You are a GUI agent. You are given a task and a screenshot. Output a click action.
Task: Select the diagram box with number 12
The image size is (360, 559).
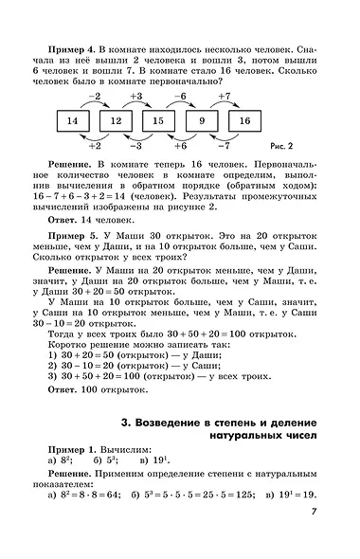coord(116,120)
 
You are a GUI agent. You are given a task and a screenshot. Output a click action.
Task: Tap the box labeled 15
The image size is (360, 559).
coord(158,120)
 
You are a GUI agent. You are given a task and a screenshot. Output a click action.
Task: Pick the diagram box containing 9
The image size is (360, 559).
coord(201,120)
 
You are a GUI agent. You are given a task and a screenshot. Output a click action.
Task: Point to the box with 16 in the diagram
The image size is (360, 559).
coord(244,120)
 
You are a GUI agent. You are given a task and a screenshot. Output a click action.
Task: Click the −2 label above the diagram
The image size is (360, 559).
coord(93,97)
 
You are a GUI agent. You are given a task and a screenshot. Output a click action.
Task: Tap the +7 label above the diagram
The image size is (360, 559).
coord(224,97)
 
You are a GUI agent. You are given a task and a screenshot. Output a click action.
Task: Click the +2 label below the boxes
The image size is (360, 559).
coord(94,146)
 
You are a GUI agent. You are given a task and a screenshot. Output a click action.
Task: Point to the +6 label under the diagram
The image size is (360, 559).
coord(180,146)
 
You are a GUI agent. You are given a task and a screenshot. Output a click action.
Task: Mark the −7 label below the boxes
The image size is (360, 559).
coord(224,146)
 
